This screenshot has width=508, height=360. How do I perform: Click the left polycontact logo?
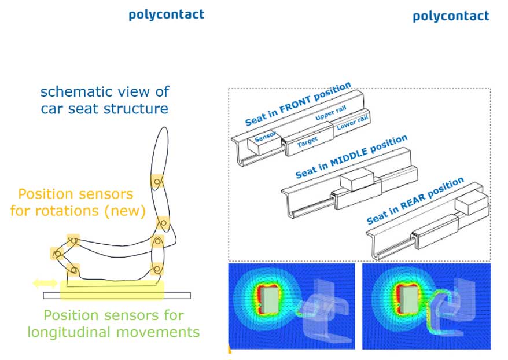coord(165,14)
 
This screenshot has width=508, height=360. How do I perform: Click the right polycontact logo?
coord(451,16)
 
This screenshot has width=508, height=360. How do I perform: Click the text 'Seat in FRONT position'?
coord(298,104)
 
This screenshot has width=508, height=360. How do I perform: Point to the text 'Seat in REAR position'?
coord(415,201)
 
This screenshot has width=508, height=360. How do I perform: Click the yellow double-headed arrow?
coord(45,283)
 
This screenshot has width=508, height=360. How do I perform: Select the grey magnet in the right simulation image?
coord(408,297)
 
